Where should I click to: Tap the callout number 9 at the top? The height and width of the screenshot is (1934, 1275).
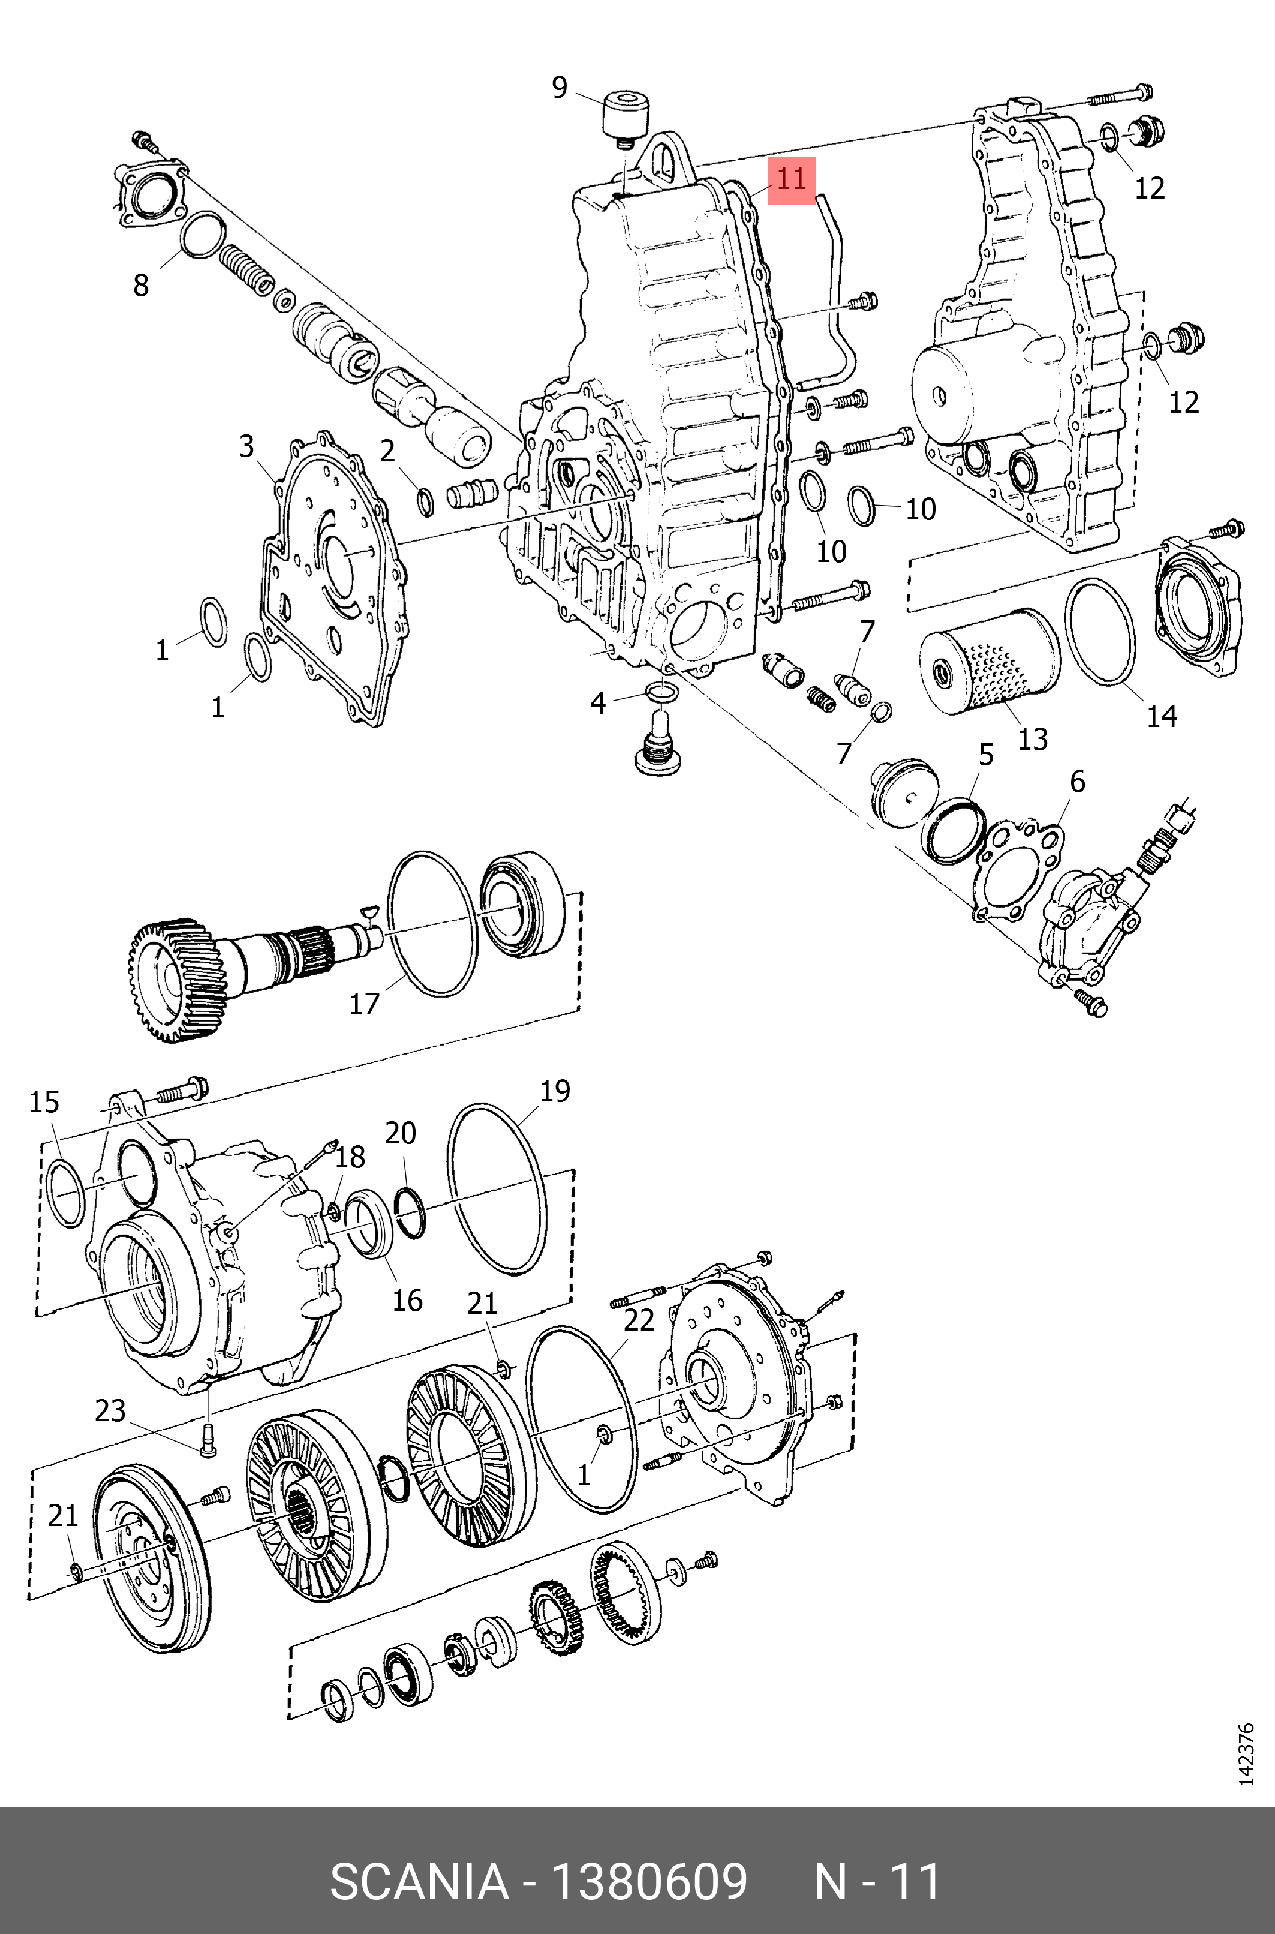(x=560, y=88)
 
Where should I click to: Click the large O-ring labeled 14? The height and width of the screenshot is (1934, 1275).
(x=1100, y=630)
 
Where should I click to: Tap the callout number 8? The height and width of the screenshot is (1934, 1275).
(x=141, y=286)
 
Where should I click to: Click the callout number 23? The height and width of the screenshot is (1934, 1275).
(x=110, y=1410)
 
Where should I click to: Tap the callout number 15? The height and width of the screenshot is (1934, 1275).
(x=44, y=1103)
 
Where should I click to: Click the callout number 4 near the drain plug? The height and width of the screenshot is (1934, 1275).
(x=598, y=704)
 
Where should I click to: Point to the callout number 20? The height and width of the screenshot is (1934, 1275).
(x=400, y=1133)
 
